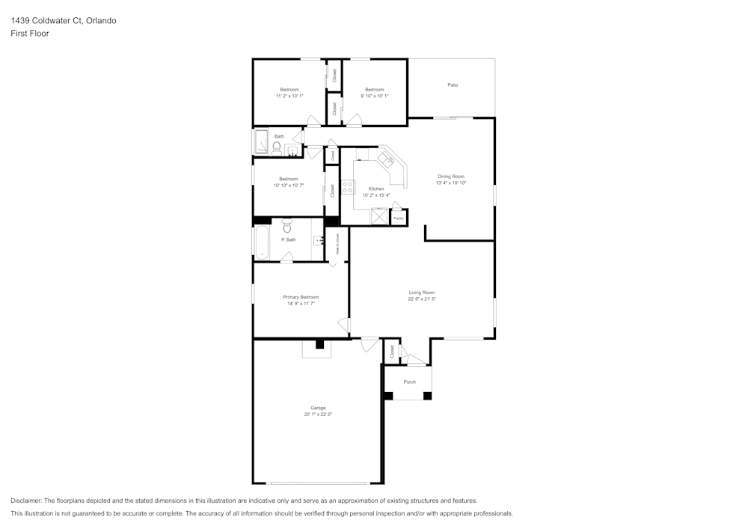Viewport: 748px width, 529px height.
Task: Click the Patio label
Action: pos(453,85)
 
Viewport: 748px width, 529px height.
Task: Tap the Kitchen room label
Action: pos(376,189)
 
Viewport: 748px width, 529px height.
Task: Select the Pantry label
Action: pos(399,218)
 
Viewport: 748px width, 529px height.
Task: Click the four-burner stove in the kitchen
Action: pos(347,187)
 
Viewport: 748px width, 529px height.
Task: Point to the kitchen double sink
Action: pos(387,159)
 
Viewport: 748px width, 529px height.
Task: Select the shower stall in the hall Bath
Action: pos(262,141)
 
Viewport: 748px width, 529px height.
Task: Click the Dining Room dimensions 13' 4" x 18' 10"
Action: pos(451,183)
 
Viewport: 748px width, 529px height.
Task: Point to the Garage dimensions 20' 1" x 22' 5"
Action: pos(318,414)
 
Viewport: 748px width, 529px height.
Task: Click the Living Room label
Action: pos(422,293)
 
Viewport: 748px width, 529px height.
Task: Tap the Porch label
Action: pos(409,382)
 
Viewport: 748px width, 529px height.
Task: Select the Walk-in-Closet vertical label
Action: pos(338,244)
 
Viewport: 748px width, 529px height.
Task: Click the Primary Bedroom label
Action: pos(301,297)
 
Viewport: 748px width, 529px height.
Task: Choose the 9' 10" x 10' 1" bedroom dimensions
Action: pos(374,96)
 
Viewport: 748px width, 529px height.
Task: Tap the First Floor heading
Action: pos(30,34)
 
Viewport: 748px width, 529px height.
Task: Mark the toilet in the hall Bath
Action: pos(276,148)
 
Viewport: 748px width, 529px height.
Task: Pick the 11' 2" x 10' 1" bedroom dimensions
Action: pos(289,96)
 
